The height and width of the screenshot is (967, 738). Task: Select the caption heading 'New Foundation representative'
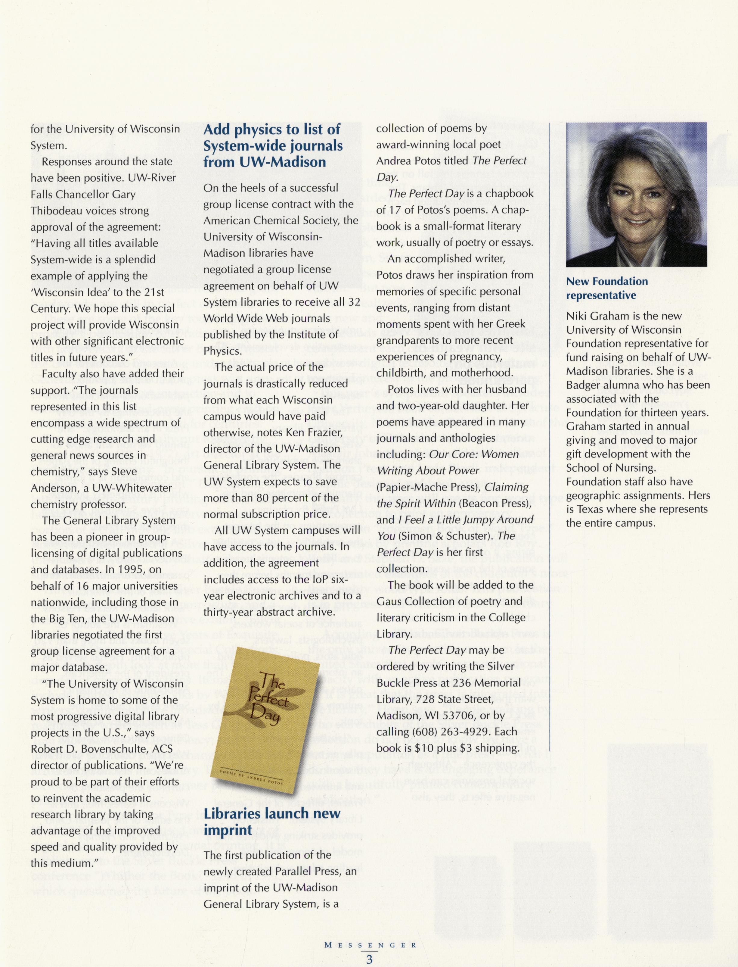click(607, 288)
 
